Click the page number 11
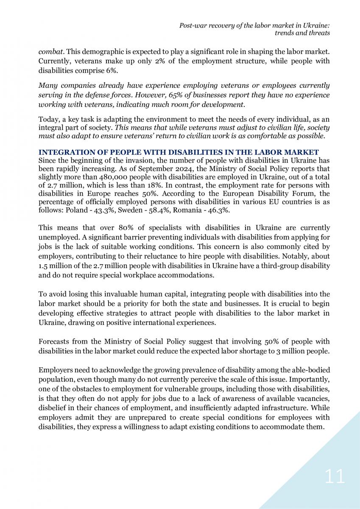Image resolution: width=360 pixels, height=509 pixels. pyautogui.click(x=335, y=476)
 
